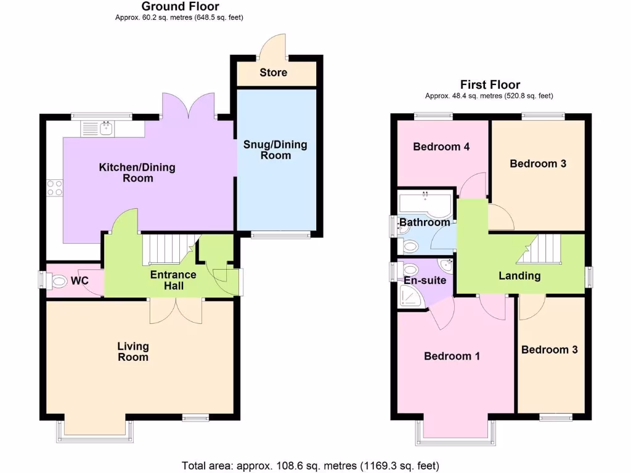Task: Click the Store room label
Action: pos(273,73)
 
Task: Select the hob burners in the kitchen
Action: pos(54,187)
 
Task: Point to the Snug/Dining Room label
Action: pos(275,150)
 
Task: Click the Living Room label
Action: pos(133,352)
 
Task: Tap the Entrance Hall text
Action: pos(173,280)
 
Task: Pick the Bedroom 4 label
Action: pos(441,147)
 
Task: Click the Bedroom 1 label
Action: pos(452,356)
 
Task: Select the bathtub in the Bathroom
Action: pos(425,203)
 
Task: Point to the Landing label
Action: pos(519,276)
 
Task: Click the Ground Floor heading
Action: pos(180,7)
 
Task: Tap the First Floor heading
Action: pos(490,85)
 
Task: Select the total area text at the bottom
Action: pos(311,466)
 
